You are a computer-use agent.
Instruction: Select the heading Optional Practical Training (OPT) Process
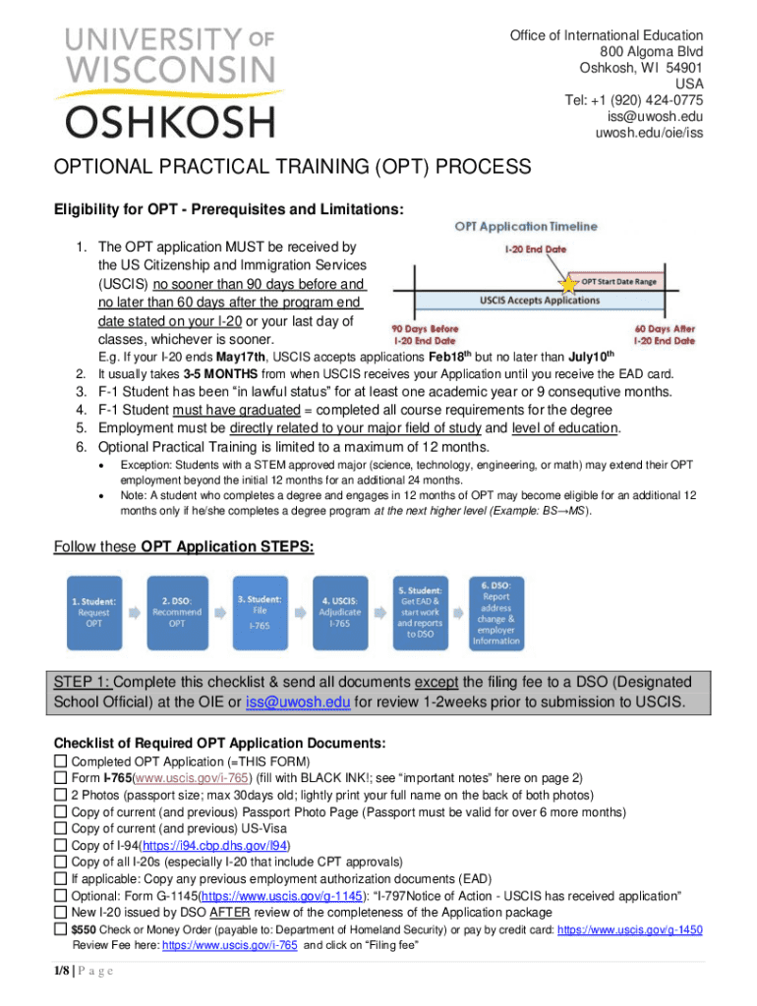click(x=292, y=167)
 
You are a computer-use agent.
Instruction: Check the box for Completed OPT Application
click(x=61, y=761)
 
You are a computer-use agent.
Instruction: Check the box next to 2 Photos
click(x=61, y=795)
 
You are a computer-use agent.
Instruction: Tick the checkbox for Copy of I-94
click(x=61, y=845)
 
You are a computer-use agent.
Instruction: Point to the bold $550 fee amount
click(x=84, y=928)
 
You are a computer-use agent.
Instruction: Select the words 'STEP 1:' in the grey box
click(x=85, y=683)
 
